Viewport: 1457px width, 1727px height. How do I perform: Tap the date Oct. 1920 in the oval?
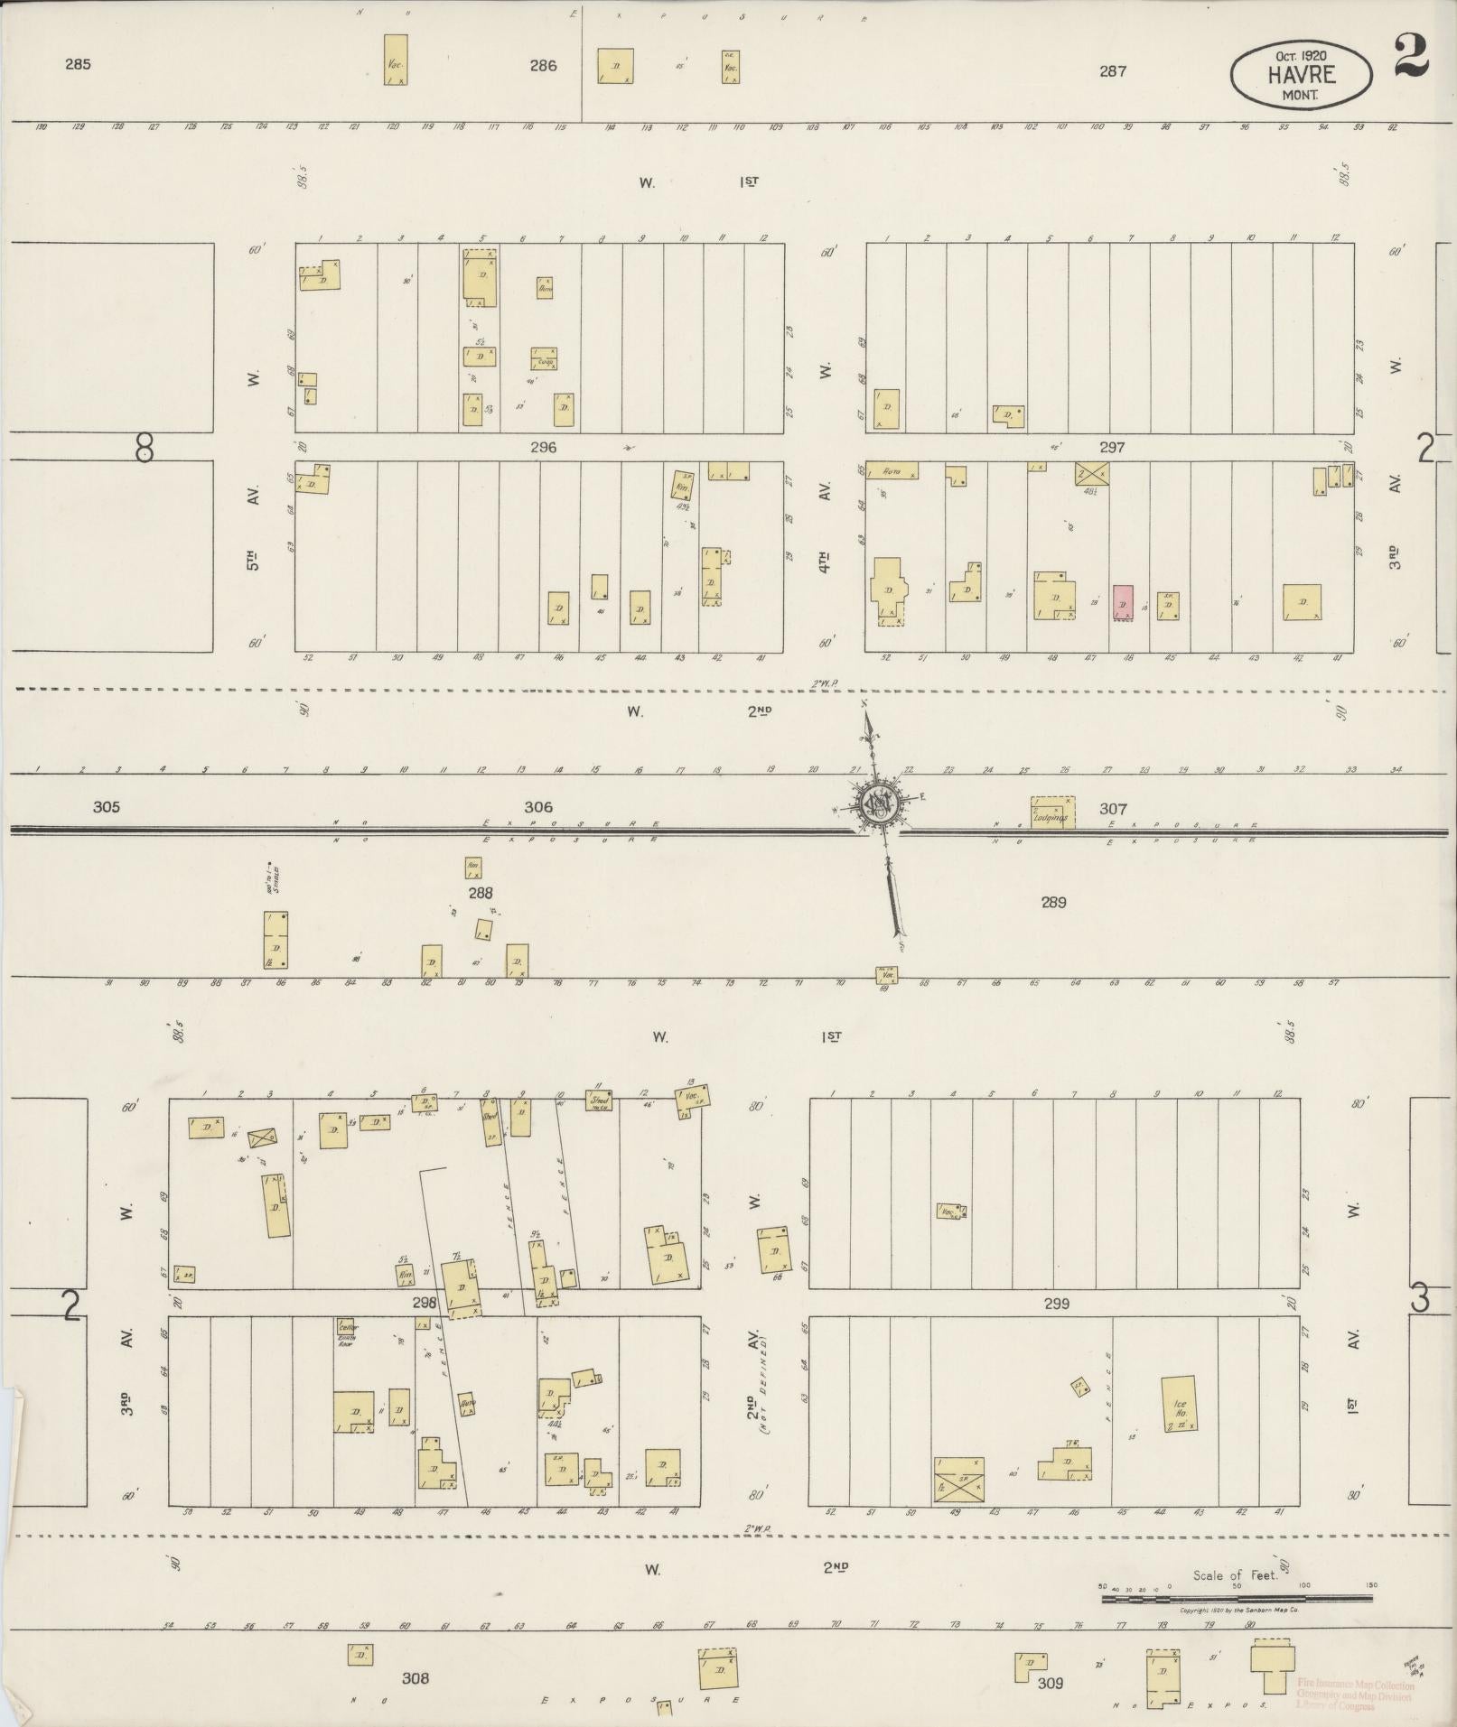click(x=1301, y=55)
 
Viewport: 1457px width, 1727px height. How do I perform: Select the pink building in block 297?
click(x=1123, y=602)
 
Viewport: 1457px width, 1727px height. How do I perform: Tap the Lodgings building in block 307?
click(x=1052, y=812)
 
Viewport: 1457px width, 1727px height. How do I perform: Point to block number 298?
click(x=424, y=1302)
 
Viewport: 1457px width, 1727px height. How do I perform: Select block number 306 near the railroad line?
click(x=537, y=807)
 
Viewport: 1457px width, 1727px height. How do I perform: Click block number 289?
click(x=1053, y=902)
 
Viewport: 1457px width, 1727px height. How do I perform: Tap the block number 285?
click(x=79, y=64)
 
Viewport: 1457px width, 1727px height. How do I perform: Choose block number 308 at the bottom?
click(x=416, y=1678)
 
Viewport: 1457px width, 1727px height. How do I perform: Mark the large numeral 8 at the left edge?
click(x=144, y=447)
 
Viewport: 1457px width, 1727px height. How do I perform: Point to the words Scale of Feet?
click(x=1235, y=1575)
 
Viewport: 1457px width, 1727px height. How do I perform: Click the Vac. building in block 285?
click(x=396, y=60)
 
